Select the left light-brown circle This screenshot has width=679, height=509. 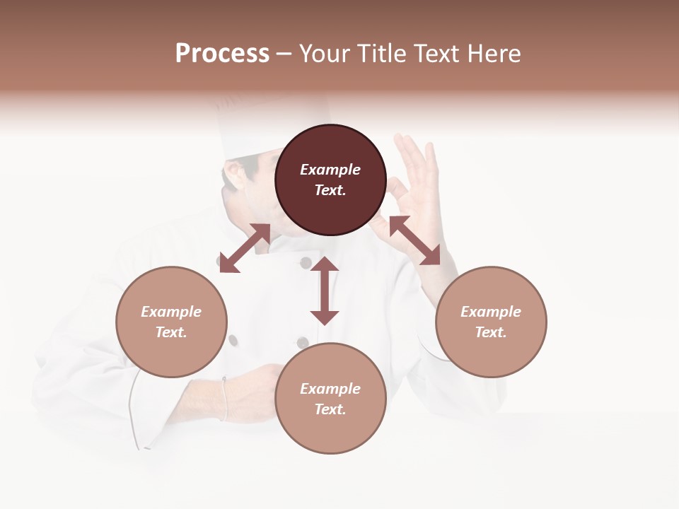pos(171,322)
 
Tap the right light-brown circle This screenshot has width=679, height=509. pos(491,322)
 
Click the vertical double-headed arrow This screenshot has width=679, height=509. pos(325,291)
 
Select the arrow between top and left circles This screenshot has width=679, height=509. pos(245,248)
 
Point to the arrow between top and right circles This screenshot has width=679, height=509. pos(414,240)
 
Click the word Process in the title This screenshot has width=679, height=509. pos(222,54)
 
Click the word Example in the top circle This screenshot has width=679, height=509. pos(330,170)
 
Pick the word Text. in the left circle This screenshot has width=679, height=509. pos(171,332)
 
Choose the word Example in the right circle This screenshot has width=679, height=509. pos(491,312)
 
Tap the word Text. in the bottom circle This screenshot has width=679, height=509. pos(330,409)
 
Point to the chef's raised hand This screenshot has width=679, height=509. pos(414,177)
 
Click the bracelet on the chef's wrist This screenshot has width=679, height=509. pos(225,399)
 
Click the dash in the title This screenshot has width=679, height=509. pos(284,54)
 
